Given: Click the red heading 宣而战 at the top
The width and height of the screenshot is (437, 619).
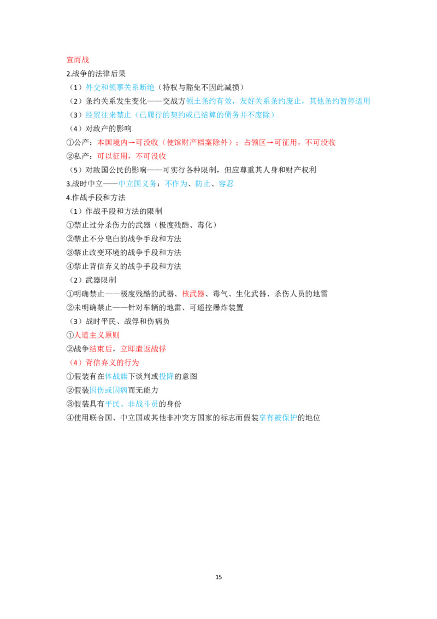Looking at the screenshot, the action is click(x=78, y=60).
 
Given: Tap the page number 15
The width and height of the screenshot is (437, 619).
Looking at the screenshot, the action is click(x=218, y=577).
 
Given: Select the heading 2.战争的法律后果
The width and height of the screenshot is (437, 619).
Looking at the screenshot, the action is click(x=96, y=74).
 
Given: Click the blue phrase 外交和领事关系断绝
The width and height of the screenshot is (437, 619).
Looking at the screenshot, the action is click(x=120, y=87).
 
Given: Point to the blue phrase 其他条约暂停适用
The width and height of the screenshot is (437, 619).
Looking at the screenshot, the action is click(x=340, y=102).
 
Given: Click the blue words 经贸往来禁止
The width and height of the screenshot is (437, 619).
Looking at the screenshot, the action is click(x=108, y=115).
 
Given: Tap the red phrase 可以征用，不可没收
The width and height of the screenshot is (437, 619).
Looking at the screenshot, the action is click(x=132, y=156).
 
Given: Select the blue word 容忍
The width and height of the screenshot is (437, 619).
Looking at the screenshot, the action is click(x=226, y=184).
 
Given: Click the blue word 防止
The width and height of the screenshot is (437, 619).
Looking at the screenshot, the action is click(x=203, y=184).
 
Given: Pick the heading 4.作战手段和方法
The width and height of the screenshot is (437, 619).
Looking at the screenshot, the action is click(x=96, y=198).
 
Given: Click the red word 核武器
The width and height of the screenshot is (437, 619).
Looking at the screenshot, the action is click(x=193, y=294).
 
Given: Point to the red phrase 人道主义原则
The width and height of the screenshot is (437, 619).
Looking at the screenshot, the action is click(x=97, y=335).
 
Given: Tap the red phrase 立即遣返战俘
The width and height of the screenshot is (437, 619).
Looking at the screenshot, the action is click(x=143, y=349).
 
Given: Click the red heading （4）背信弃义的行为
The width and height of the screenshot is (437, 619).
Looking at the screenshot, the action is click(x=104, y=363).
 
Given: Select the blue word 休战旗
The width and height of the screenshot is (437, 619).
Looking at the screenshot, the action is click(x=116, y=377).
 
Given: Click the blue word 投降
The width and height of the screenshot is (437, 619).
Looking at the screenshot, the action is click(x=167, y=377).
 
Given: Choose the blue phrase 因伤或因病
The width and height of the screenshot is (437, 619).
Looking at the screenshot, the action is click(x=109, y=390).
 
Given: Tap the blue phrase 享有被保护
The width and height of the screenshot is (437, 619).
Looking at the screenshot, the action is click(x=278, y=418).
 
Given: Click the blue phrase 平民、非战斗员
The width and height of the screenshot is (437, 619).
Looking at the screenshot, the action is click(x=132, y=404).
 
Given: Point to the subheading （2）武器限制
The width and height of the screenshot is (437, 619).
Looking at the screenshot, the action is click(x=93, y=281).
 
